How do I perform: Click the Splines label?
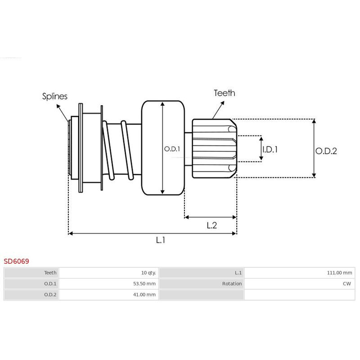pos(55,96)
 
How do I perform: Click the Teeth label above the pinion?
pos(224,93)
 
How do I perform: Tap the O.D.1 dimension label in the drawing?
pos(171,148)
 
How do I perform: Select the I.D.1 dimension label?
pos(270,149)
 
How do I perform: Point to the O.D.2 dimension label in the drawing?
pos(326,151)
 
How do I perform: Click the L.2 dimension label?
pos(212,225)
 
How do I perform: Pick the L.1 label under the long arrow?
pos(161,240)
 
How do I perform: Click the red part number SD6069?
pos(17,261)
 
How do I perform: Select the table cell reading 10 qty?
pos(148,273)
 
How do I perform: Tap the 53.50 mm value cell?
pos(145,283)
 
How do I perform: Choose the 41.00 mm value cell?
pos(145,295)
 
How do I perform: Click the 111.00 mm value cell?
pos(340,273)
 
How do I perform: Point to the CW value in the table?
pos(347,283)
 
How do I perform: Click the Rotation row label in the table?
pos(232,283)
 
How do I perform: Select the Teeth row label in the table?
pos(50,273)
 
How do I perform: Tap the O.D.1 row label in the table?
pos(50,283)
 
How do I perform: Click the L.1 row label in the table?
pos(238,273)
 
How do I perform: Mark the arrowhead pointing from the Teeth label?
pos(222,103)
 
